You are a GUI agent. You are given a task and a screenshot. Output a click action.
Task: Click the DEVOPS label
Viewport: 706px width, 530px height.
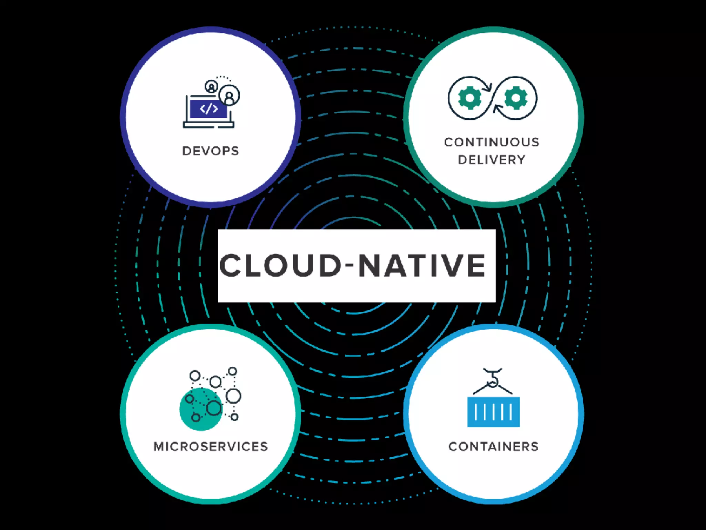point(210,151)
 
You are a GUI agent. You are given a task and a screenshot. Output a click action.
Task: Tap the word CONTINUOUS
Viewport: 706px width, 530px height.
point(492,142)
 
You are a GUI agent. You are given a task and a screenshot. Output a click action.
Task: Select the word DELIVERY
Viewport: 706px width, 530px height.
point(492,160)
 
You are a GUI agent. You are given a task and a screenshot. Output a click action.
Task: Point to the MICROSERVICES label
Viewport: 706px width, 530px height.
point(211,446)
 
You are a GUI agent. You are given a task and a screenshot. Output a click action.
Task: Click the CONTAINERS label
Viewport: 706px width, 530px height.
point(493,446)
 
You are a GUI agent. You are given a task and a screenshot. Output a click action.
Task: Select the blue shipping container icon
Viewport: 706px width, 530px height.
point(493,412)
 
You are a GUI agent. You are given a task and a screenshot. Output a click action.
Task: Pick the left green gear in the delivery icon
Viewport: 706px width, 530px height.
point(470,98)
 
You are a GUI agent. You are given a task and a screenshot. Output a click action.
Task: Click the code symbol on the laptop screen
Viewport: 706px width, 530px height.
point(209,109)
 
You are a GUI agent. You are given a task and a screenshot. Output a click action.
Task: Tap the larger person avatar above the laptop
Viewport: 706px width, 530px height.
point(229,95)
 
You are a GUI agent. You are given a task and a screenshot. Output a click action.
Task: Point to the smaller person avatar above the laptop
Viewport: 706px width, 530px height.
point(211,86)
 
